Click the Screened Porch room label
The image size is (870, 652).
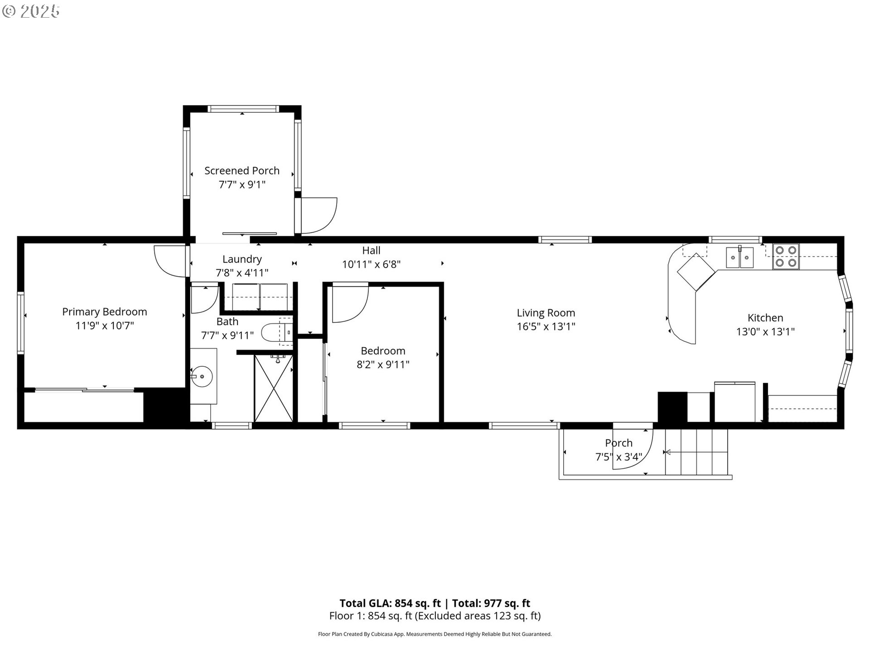click(x=242, y=171)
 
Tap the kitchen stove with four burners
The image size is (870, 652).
click(x=786, y=256)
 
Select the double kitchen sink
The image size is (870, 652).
click(x=739, y=258)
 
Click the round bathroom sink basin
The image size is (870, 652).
click(x=203, y=376)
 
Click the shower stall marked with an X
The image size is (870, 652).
click(x=273, y=388)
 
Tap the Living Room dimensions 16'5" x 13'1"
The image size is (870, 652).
click(x=546, y=326)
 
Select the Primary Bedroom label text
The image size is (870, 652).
click(x=104, y=312)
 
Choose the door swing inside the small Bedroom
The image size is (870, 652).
click(x=349, y=302)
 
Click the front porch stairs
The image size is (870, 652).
click(x=696, y=452)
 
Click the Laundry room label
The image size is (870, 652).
click(x=242, y=259)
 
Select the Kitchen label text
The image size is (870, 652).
click(x=765, y=318)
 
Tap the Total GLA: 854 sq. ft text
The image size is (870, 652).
click(x=390, y=603)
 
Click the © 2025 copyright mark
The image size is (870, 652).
click(x=31, y=12)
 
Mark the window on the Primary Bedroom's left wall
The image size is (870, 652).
click(x=20, y=322)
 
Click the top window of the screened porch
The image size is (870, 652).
click(x=242, y=109)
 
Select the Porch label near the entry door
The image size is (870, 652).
click(x=619, y=443)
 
